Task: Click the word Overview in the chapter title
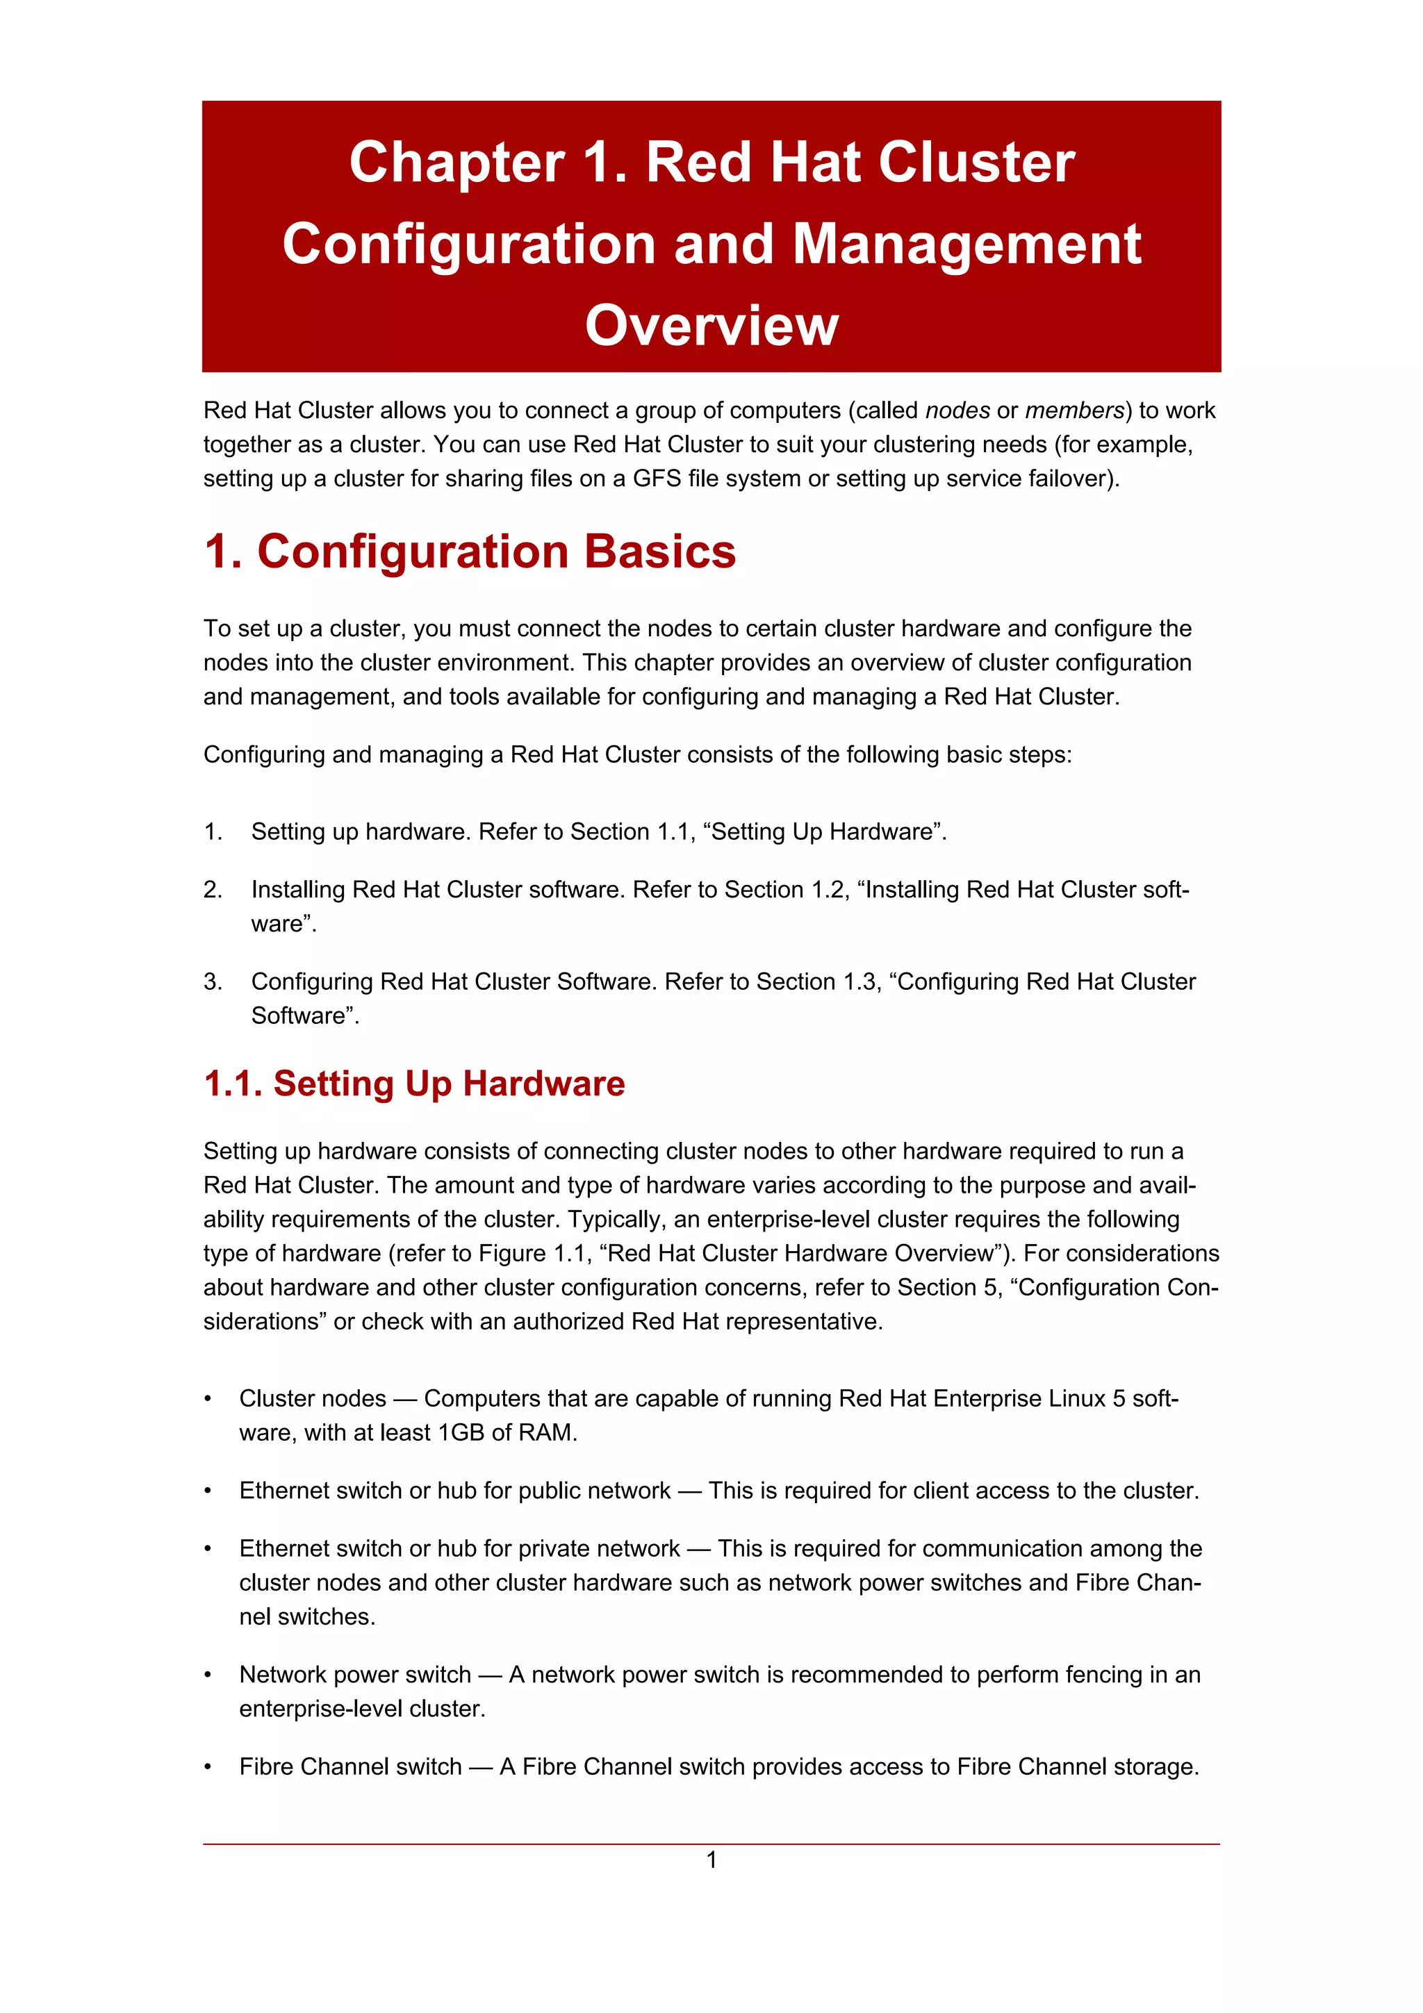711,325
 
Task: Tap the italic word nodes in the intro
957,411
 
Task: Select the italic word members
1074,411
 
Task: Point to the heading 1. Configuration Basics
470,552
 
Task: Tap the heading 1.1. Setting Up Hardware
414,1084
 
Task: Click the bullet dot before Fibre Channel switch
208,1768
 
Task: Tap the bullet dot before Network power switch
208,1675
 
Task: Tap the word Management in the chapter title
967,244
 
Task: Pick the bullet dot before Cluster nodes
208,1399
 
